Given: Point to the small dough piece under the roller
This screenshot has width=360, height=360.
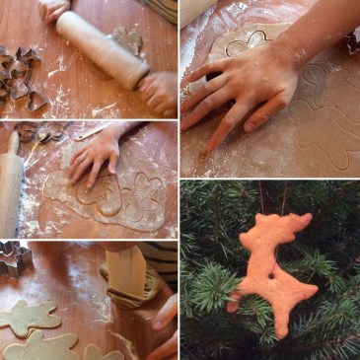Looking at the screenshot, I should click(126, 39).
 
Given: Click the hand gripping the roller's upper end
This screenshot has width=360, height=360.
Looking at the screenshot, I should click(54, 9).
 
